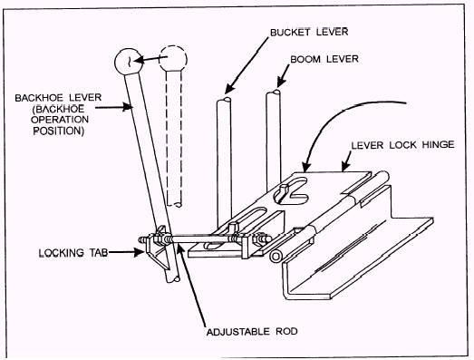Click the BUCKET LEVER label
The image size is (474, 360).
[309, 32]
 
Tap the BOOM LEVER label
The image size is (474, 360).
[324, 59]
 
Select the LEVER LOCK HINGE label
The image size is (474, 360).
[402, 144]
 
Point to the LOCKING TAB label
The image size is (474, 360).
[73, 253]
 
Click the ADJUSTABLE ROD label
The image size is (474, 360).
[252, 332]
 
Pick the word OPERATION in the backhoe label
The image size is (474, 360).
[60, 120]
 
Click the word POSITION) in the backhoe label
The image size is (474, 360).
[58, 131]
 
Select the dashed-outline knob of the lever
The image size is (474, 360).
[173, 58]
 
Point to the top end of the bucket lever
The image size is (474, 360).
[224, 101]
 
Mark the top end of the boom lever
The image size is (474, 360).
[273, 92]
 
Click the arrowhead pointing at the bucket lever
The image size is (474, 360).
[228, 89]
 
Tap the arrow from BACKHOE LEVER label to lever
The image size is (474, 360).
[113, 107]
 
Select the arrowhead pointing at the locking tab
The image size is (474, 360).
[139, 252]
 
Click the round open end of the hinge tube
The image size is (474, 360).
[276, 257]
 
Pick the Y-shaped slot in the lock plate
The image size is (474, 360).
[291, 190]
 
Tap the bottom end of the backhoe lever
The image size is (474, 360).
[173, 280]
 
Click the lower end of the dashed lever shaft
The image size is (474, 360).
[174, 204]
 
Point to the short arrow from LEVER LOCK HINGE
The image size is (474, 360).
[347, 161]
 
